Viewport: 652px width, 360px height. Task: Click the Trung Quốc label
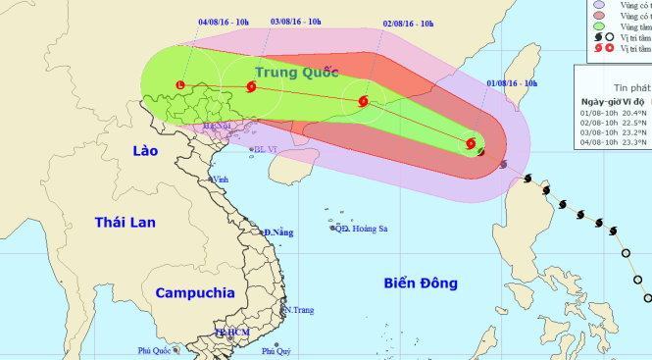295,73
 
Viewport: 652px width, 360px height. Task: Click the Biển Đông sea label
422,284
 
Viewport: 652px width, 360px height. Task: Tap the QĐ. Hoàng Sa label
361,229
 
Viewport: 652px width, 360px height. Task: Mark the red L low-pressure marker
180,85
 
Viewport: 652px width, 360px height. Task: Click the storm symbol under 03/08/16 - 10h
253,87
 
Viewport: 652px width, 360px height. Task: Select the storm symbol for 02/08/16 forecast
364,101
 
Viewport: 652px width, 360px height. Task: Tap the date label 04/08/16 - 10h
221,20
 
